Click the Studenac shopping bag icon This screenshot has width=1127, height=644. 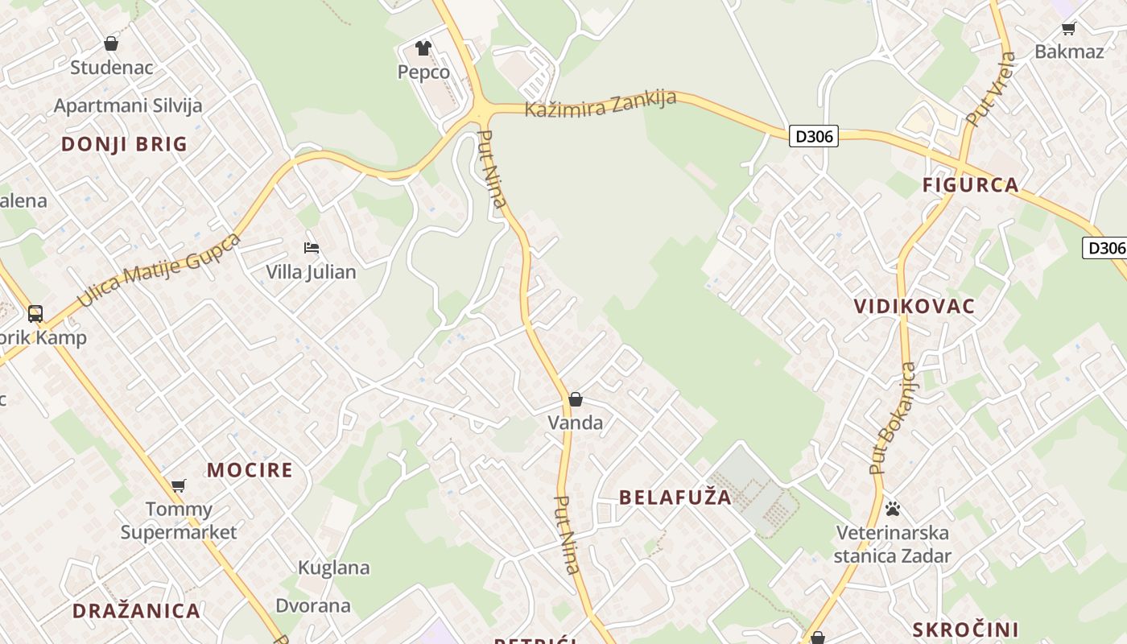[111, 43]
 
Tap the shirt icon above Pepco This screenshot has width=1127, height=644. [423, 48]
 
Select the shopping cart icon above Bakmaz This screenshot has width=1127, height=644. [1069, 29]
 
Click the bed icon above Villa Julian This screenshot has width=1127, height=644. [312, 248]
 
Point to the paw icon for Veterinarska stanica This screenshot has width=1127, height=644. [893, 509]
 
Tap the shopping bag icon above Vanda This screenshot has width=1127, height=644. [576, 399]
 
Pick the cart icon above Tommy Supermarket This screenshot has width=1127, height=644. [179, 485]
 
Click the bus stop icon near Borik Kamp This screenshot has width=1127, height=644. [35, 314]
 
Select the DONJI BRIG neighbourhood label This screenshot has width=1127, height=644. [125, 145]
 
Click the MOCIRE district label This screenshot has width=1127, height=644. [250, 470]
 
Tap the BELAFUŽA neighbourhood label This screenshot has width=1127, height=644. [676, 497]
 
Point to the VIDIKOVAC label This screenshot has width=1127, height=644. [914, 307]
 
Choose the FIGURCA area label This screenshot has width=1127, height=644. [971, 185]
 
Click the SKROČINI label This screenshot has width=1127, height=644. [966, 630]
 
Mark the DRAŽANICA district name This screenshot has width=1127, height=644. [137, 611]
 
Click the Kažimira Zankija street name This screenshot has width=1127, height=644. [601, 104]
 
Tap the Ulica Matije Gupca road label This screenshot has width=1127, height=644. [159, 270]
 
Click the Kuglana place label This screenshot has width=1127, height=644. [334, 568]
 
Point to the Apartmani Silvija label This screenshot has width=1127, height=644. [128, 105]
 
